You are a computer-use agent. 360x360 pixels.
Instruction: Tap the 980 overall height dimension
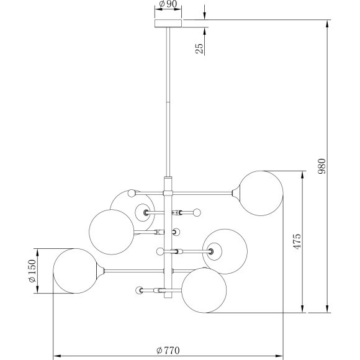(322, 166)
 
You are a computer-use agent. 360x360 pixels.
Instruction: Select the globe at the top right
(261, 192)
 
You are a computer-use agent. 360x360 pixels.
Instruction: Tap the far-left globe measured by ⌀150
(74, 271)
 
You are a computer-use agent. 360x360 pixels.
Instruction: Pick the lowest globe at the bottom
(204, 290)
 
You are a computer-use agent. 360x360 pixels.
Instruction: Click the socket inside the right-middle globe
(212, 251)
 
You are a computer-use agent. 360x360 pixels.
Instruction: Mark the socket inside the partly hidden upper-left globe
(146, 212)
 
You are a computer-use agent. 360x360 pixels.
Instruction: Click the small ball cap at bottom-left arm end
(137, 290)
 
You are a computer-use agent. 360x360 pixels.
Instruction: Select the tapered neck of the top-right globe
(235, 192)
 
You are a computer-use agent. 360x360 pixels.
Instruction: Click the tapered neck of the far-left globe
(100, 271)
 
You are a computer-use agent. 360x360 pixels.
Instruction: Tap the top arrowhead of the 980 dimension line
(326, 23)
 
